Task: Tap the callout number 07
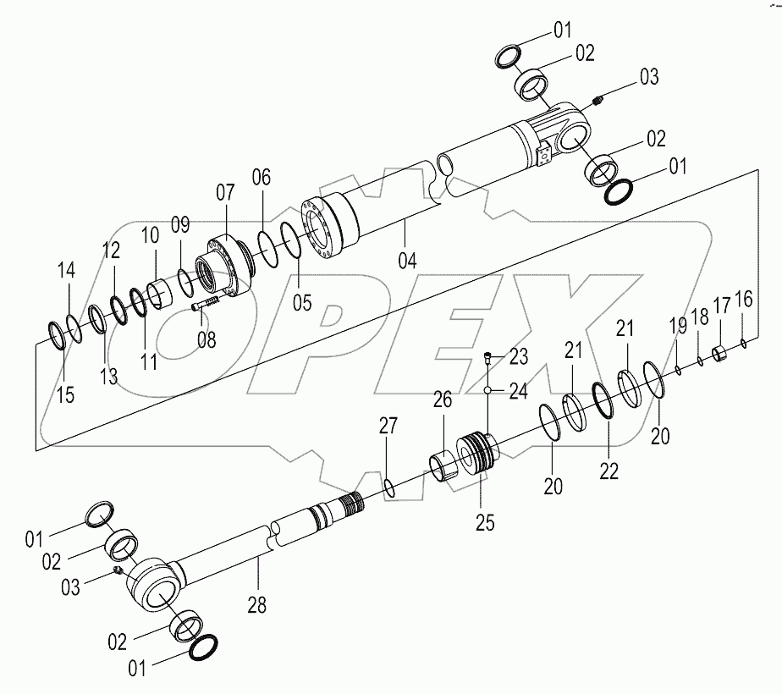pos(225,192)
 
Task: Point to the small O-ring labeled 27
pos(388,487)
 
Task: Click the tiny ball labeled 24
pos(489,390)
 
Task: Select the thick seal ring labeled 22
pos(602,399)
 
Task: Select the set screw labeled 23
pos(488,357)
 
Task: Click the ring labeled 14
pos(74,322)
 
